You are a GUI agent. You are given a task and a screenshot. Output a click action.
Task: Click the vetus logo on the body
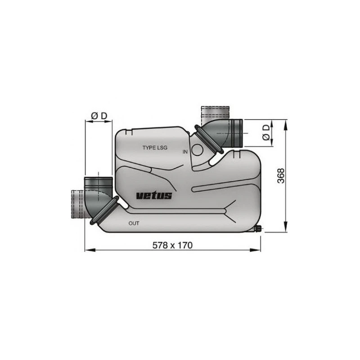[x=153, y=195]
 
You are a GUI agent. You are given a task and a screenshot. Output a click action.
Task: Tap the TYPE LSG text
[x=155, y=148]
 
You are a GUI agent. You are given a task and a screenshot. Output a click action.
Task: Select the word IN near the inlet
[x=185, y=152]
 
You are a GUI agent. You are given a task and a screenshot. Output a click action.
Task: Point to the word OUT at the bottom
[x=134, y=223]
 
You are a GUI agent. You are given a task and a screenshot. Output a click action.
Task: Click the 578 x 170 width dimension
[x=173, y=245]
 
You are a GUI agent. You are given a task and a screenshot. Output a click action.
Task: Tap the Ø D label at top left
[x=99, y=116]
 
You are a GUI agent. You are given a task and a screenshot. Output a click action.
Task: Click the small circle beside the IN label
[x=197, y=150]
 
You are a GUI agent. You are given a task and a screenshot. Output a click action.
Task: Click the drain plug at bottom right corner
[x=258, y=229]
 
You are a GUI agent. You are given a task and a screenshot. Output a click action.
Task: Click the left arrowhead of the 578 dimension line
[x=87, y=250]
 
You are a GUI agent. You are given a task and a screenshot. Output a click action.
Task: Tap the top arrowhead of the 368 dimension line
[x=285, y=122]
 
